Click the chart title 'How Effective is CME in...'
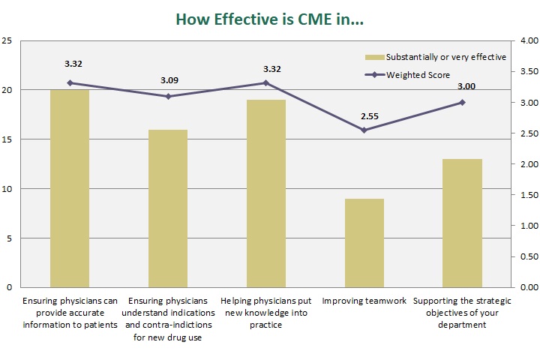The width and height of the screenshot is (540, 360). pos(269,20)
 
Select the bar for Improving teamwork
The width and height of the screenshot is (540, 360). pos(364,243)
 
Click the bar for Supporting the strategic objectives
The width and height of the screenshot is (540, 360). pos(462,223)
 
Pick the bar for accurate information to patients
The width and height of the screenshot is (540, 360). pos(70,188)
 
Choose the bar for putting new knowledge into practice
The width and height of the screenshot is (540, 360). pos(266,193)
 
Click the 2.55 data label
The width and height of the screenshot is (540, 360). pos(364,116)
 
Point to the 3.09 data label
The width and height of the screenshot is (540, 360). pos(168,79)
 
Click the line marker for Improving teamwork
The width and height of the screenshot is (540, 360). pos(364,130)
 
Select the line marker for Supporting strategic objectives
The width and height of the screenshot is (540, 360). pos(462,103)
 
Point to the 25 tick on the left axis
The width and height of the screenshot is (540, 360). pos(7,40)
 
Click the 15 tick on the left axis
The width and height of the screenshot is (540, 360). pos(7,139)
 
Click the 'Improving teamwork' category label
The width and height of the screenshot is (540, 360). pos(364,301)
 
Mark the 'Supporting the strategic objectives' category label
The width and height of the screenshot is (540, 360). pos(462,313)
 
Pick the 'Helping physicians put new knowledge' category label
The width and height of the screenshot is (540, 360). pos(266,313)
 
